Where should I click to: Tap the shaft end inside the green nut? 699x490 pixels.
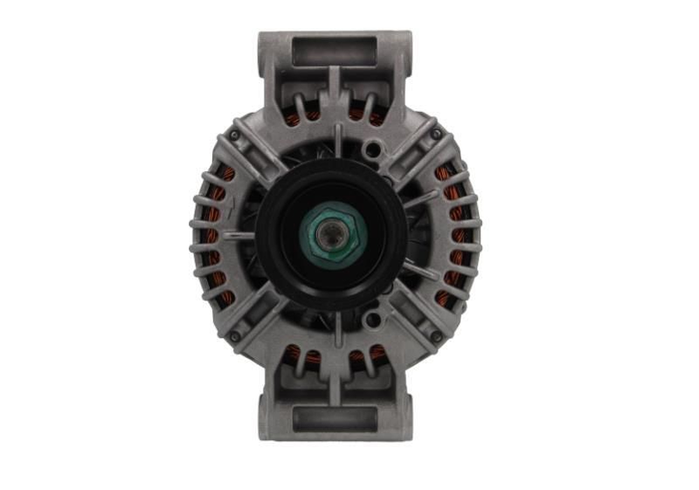click(x=336, y=235)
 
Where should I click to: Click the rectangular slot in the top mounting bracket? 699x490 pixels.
click(x=335, y=50)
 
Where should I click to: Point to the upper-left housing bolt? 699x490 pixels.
click(x=235, y=135)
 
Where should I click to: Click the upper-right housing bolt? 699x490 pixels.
click(x=435, y=135)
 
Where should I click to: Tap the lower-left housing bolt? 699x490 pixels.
click(x=235, y=335)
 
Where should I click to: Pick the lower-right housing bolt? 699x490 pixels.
click(x=435, y=335)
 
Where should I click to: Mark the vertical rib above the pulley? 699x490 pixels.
click(x=336, y=140)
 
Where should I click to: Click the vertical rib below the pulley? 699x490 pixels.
click(x=336, y=330)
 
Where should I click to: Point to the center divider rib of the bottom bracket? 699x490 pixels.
click(x=335, y=384)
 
